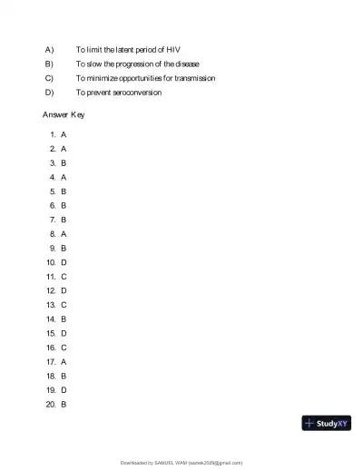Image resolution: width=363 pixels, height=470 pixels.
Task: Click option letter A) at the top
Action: [49, 48]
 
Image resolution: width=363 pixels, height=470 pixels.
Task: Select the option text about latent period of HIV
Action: [134, 48]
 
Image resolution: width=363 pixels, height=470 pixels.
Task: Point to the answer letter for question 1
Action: [64, 133]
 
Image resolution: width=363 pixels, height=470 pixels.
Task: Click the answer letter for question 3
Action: [64, 162]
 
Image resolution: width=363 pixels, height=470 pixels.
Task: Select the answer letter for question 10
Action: [64, 262]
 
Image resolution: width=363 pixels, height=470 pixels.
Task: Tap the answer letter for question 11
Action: [64, 276]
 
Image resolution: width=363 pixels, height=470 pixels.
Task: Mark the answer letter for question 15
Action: [64, 333]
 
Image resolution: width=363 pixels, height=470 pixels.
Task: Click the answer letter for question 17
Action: [64, 361]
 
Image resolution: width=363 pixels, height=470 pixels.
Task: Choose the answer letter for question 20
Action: [64, 404]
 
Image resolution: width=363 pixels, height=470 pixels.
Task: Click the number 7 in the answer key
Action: [54, 220]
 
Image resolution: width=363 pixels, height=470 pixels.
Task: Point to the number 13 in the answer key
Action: [51, 305]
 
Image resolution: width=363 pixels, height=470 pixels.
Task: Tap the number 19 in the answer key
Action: [51, 389]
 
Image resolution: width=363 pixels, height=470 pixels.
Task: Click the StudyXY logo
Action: [326, 423]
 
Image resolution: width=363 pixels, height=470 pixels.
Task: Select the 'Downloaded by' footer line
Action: [181, 463]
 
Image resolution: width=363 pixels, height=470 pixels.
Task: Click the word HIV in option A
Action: [186, 48]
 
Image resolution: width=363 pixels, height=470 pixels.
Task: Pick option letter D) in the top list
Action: [49, 93]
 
